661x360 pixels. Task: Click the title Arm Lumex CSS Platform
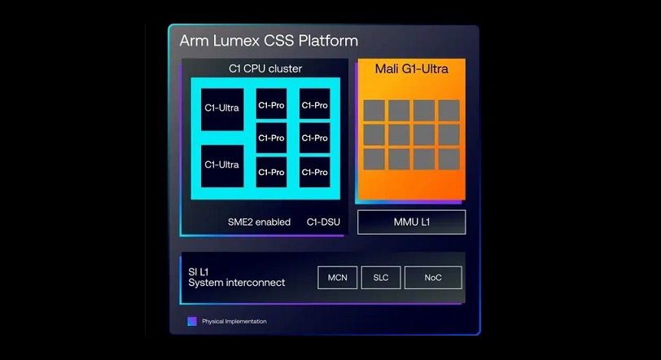pos(269,41)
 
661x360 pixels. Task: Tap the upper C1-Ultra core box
pos(222,109)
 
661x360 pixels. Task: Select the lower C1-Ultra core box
pos(222,166)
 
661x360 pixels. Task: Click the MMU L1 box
pos(411,222)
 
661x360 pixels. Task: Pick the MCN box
pos(337,278)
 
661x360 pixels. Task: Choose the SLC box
pos(381,278)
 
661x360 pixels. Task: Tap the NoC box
pos(433,278)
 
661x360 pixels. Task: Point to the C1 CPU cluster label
pos(265,68)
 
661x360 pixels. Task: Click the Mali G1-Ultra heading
pos(411,68)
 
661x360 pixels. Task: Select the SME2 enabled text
pos(259,222)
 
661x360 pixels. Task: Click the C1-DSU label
pos(323,222)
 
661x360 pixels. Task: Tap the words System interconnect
pos(237,283)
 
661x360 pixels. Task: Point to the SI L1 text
pos(198,272)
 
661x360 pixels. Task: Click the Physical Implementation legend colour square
pos(192,321)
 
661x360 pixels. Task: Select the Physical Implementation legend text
pos(234,321)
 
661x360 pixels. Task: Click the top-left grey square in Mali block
pos(374,111)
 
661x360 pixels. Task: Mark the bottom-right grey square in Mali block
pos(449,160)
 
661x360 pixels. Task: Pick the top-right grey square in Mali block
pos(449,111)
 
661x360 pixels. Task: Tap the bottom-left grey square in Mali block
pos(374,160)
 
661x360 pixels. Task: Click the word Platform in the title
pos(328,41)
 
